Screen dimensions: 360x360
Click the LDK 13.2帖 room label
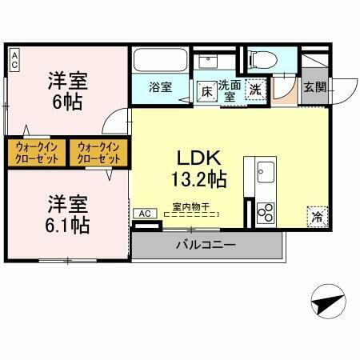click(199, 167)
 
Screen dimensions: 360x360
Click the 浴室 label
click(161, 87)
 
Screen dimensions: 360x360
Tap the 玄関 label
click(314, 87)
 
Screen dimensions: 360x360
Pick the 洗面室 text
click(230, 88)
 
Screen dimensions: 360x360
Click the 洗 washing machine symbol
click(256, 90)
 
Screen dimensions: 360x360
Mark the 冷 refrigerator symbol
click(317, 216)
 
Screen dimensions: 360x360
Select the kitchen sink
click(266, 171)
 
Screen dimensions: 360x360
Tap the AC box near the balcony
click(145, 214)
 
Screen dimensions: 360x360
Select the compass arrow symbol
click(327, 305)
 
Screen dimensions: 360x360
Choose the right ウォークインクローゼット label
click(98, 152)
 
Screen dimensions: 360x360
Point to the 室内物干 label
click(190, 207)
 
